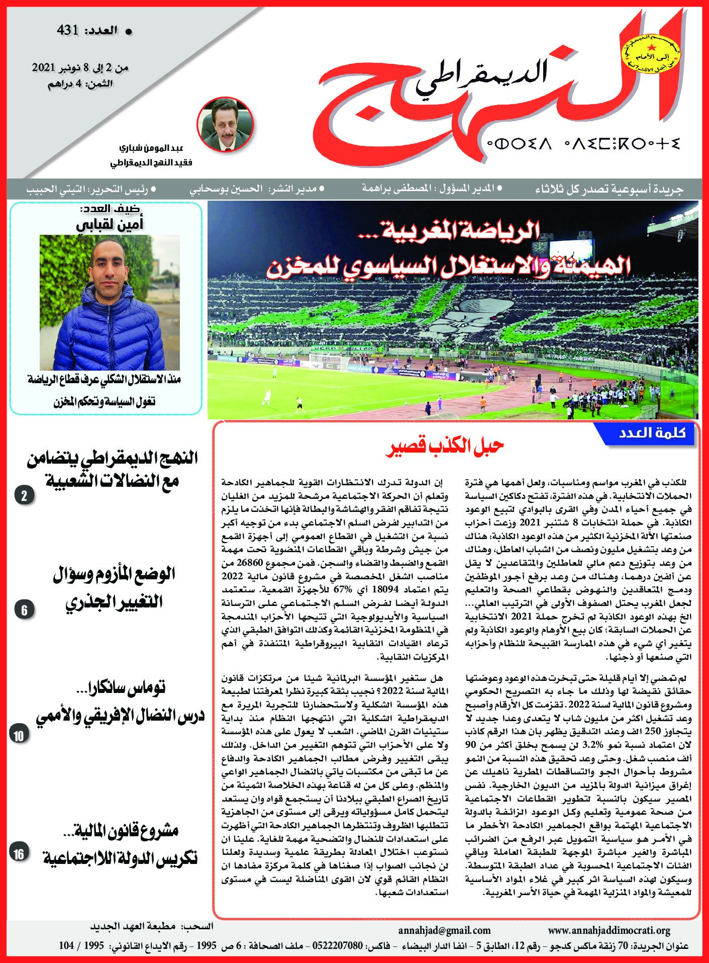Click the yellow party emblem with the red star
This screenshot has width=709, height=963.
pyautogui.click(x=650, y=54)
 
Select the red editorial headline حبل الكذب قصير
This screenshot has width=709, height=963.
pyautogui.click(x=445, y=447)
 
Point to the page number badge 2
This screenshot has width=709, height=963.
pyautogui.click(x=24, y=496)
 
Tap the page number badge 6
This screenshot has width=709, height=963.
pyautogui.click(x=24, y=610)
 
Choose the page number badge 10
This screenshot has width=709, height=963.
pyautogui.click(x=19, y=736)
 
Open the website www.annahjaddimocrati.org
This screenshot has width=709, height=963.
pyautogui.click(x=609, y=931)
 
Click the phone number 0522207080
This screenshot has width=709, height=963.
pyautogui.click(x=338, y=945)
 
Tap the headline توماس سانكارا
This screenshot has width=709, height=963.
pyautogui.click(x=128, y=688)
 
